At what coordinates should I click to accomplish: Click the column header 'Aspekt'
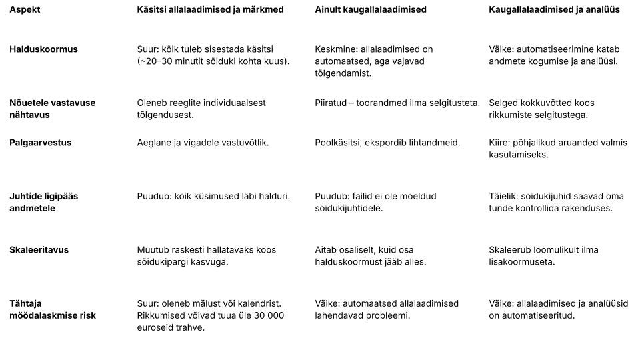(x=25, y=10)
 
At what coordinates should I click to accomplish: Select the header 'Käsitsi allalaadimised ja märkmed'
(x=210, y=10)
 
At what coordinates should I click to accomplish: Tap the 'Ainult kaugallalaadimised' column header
(x=371, y=10)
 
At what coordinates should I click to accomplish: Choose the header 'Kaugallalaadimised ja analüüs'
(x=554, y=10)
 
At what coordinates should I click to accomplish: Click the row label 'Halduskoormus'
(x=43, y=49)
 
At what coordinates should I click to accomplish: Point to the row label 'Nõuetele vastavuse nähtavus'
(x=52, y=109)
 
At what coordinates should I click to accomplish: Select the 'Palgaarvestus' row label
(x=40, y=143)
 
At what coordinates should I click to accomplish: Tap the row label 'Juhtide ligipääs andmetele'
(x=43, y=202)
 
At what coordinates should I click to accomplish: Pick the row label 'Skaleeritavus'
(x=39, y=250)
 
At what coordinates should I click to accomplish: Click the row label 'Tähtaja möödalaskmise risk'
(x=52, y=309)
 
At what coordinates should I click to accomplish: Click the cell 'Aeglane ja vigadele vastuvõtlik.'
(x=203, y=143)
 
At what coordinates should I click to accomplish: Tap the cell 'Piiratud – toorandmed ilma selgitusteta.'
(x=397, y=103)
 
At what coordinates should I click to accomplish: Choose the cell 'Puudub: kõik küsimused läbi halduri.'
(x=213, y=197)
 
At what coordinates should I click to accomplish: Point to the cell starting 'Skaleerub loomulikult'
(x=543, y=256)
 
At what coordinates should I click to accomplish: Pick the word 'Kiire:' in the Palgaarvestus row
(x=501, y=143)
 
